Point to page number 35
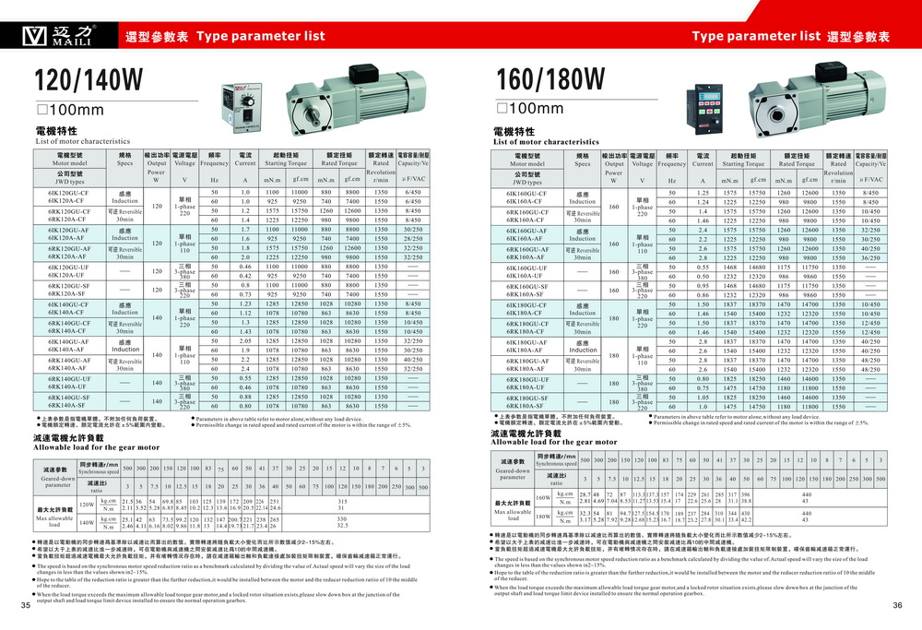pos(25,605)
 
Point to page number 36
pos(897,605)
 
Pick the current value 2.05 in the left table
pos(246,341)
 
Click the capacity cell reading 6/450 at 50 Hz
pos(412,192)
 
